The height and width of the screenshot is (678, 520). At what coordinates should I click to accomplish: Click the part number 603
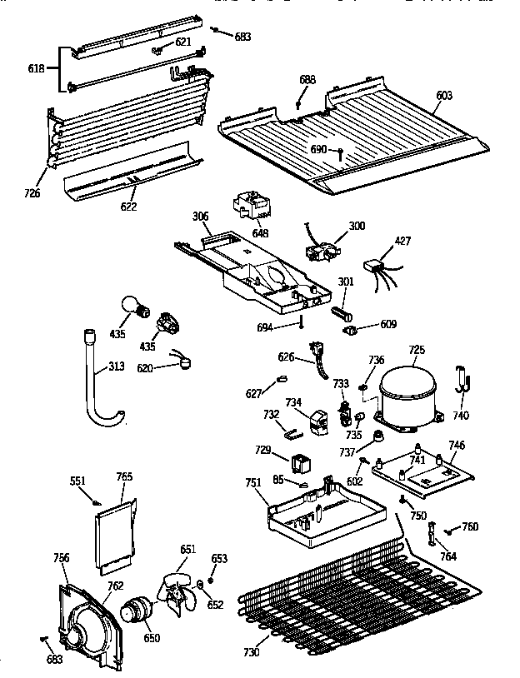(444, 96)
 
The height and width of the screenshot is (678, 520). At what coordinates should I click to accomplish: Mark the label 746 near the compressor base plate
(456, 446)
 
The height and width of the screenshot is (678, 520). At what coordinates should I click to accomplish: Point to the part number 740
(460, 415)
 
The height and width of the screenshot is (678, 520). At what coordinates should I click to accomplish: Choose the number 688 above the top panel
(307, 80)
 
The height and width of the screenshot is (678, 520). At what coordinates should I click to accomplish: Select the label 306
(200, 216)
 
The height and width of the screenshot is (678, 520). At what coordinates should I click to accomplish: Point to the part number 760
(470, 526)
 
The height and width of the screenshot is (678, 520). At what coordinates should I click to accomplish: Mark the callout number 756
(62, 557)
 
